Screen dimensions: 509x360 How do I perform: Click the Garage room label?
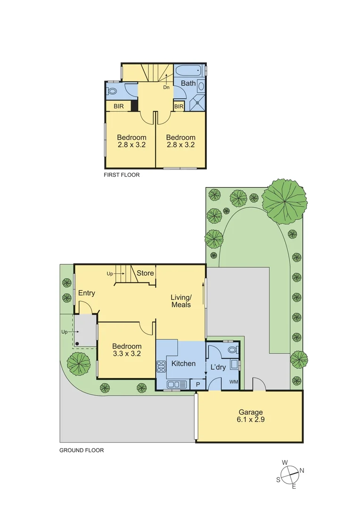250,411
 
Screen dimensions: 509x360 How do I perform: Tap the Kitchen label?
183,363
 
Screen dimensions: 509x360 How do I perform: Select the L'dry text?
218,367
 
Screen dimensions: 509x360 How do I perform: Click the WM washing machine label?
233,382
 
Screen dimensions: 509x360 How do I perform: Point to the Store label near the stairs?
145,273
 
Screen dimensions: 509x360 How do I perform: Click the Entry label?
87,293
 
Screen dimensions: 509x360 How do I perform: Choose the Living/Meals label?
181,301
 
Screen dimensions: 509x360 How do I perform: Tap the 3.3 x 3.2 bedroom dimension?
127,353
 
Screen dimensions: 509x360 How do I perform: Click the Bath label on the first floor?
188,83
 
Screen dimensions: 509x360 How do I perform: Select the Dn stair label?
166,87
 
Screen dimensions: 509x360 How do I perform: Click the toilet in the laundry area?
232,350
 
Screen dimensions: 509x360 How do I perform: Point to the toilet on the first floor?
112,91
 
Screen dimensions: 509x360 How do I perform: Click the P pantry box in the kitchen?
198,385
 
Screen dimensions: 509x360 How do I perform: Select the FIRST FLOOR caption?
122,174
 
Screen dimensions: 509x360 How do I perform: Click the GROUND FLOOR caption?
81,450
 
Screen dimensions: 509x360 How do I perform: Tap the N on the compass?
302,470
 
